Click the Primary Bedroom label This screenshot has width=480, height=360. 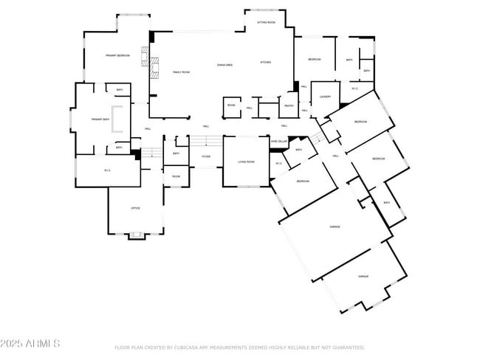[x=117, y=55]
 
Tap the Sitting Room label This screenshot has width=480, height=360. [x=266, y=23]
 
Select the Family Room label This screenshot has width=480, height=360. [x=181, y=72]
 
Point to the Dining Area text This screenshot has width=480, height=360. [x=225, y=65]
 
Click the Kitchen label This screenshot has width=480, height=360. [x=265, y=62]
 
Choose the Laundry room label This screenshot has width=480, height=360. [x=324, y=97]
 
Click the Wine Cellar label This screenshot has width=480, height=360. [x=278, y=141]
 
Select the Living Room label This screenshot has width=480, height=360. [x=246, y=161]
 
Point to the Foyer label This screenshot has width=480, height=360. [x=205, y=156]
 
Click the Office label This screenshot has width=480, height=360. [x=135, y=208]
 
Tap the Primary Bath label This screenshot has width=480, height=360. [x=100, y=119]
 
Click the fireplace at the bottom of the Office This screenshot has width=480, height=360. [x=136, y=236]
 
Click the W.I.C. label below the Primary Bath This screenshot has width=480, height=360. [x=107, y=170]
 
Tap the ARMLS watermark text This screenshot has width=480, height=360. [x=30, y=344]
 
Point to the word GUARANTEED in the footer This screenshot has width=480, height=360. [x=346, y=347]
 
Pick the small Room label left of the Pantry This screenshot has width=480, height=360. [x=231, y=105]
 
